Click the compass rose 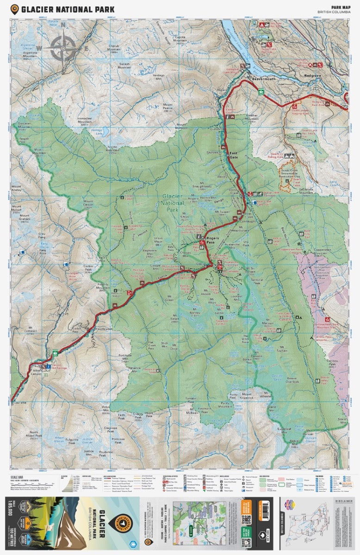tap(63, 47)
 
